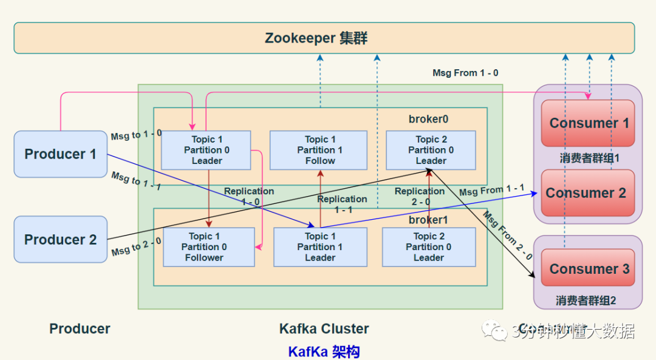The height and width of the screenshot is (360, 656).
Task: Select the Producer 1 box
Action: point(60,154)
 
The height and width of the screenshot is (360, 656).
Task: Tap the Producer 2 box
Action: point(60,240)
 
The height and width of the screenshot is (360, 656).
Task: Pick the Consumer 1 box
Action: point(588,123)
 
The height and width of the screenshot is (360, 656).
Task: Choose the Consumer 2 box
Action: point(586,193)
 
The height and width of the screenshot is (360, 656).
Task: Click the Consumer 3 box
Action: point(588,269)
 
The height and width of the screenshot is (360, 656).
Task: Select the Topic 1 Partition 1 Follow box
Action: point(319,150)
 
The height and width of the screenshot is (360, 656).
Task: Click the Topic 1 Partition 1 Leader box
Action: point(319,247)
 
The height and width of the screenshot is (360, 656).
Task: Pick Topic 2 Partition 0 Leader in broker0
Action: point(431,150)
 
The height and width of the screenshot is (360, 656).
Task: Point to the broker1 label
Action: point(428,220)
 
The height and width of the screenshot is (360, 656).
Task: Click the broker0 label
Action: point(428,119)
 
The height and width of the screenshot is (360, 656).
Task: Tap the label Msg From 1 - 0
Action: point(465,73)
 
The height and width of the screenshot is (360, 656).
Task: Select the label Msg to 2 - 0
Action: point(136,246)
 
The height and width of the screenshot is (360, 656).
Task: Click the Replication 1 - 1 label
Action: point(342,204)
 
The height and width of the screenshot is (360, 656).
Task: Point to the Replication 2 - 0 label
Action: point(420,196)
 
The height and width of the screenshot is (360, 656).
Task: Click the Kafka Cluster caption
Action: point(324,329)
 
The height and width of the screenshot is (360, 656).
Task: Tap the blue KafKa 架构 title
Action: point(324,352)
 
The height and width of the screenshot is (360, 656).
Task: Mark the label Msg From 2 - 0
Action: point(508,236)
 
